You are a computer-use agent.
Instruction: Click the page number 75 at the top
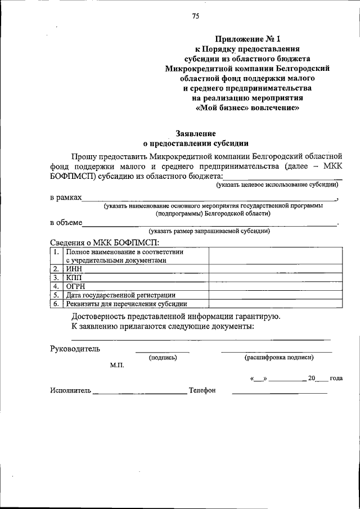pyautogui.click(x=195, y=16)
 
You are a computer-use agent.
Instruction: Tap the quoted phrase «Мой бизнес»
pyautogui.click(x=225, y=109)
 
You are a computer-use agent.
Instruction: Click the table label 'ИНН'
pyautogui.click(x=74, y=269)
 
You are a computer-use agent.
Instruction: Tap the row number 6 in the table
pyautogui.click(x=56, y=304)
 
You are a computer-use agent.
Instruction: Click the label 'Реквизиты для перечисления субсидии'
pyautogui.click(x=126, y=304)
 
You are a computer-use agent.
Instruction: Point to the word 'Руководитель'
pyautogui.click(x=75, y=349)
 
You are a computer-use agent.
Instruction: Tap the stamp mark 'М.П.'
pyautogui.click(x=118, y=366)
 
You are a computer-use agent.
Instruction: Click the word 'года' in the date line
pyautogui.click(x=336, y=378)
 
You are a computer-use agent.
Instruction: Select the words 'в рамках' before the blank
pyautogui.click(x=66, y=198)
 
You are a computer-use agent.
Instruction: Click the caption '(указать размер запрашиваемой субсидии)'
pyautogui.click(x=209, y=231)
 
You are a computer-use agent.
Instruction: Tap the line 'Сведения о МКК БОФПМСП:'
pyautogui.click(x=104, y=242)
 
